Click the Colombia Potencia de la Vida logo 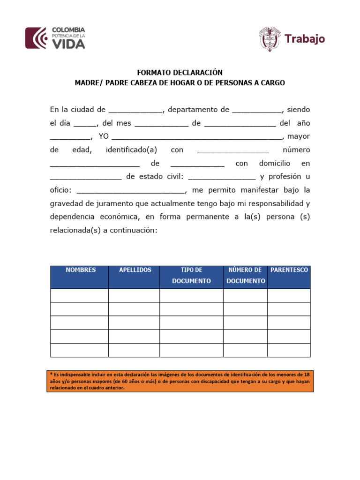55,38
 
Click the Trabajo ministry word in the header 305,39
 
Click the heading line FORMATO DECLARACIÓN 180,73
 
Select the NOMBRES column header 80,270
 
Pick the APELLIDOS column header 135,270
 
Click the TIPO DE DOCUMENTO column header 191,276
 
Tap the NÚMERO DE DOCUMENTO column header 245,276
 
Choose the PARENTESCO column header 289,270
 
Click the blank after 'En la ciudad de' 135,112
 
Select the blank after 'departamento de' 257,112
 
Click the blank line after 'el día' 85,125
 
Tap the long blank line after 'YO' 197,138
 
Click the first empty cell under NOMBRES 80,296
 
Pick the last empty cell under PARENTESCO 289,350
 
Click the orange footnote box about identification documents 180,381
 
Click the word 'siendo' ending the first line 298,110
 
